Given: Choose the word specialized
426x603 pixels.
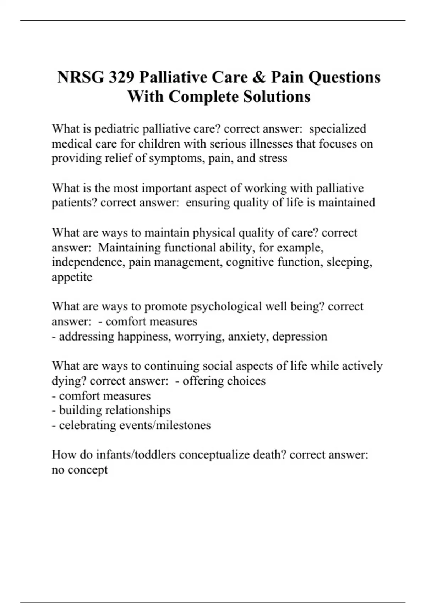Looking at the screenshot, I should click(x=337, y=129).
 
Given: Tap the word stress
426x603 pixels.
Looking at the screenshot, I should click(x=273, y=158).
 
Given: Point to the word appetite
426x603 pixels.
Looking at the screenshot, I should click(x=72, y=277).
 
